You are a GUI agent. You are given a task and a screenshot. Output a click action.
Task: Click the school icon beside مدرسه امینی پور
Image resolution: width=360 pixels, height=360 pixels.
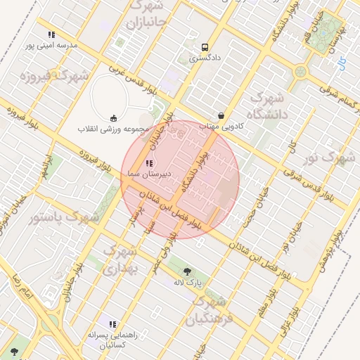(51, 34)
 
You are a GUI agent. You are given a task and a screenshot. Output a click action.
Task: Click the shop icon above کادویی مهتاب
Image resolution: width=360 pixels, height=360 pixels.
(221, 115)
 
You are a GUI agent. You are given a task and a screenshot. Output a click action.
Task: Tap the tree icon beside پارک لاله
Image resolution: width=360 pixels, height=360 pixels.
(187, 271)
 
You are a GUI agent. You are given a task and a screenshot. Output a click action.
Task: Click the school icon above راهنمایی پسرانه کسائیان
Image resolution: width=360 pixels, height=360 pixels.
(113, 325)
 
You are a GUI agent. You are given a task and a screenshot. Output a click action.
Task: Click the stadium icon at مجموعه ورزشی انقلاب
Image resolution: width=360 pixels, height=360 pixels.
(114, 118)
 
